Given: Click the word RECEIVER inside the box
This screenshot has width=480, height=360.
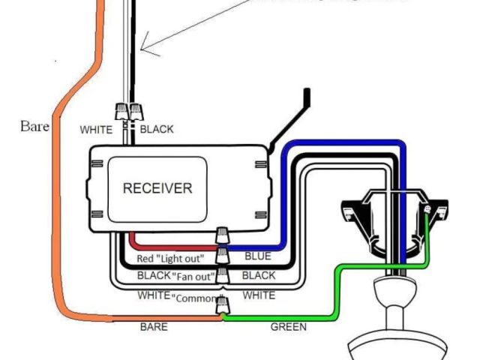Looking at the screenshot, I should [x=157, y=187].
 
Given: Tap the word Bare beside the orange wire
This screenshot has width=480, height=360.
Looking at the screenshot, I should [x=34, y=126].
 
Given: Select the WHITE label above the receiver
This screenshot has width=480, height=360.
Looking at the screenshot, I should [x=97, y=130].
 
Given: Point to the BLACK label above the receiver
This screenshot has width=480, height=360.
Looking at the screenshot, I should [x=156, y=130].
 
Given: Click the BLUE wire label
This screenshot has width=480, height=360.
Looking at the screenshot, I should [x=259, y=256].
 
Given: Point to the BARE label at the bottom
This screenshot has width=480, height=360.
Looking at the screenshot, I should [x=154, y=327].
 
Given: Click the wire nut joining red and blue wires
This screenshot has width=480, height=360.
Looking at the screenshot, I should [x=223, y=237].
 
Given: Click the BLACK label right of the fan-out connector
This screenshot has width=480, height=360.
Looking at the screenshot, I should [x=259, y=276].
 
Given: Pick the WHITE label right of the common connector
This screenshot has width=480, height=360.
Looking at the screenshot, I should [x=259, y=295].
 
